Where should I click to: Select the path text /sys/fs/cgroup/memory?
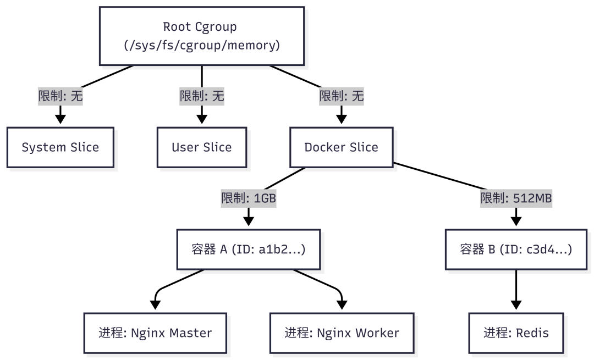click(x=201, y=45)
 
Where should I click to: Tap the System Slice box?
click(x=61, y=147)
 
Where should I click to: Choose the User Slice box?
click(x=202, y=147)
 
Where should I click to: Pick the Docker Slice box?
click(x=341, y=147)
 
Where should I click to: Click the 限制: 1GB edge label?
click(x=248, y=198)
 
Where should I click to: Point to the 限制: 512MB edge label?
click(x=516, y=198)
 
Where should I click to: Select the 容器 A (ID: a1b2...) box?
click(x=248, y=250)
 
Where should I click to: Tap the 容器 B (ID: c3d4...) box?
click(x=516, y=250)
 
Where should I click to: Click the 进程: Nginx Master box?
click(x=155, y=333)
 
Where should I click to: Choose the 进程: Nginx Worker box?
click(x=342, y=333)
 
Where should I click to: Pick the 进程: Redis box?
click(x=516, y=333)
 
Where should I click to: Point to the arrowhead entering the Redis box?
click(x=516, y=305)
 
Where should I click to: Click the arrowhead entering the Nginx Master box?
click(x=155, y=305)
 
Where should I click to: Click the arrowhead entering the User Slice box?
click(x=202, y=119)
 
